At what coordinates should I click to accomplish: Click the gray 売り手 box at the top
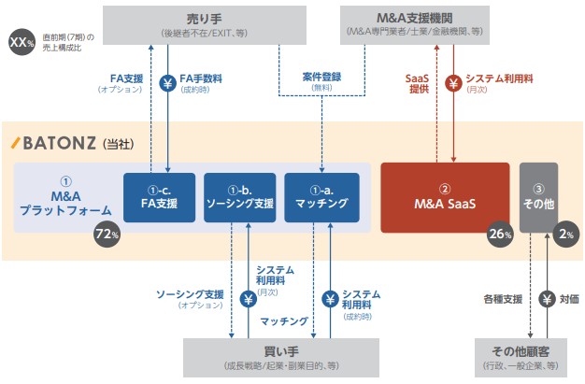pyautogui.click(x=205, y=24)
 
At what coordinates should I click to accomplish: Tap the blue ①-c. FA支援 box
pyautogui.click(x=159, y=197)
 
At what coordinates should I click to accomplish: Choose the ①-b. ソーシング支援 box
pyautogui.click(x=241, y=197)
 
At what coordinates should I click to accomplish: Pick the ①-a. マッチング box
pyautogui.click(x=321, y=197)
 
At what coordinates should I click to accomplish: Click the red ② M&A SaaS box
pyautogui.click(x=444, y=197)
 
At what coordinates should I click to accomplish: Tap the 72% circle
pyautogui.click(x=107, y=235)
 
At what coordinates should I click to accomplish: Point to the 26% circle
pyautogui.click(x=500, y=235)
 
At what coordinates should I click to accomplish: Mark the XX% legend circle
pyautogui.click(x=20, y=42)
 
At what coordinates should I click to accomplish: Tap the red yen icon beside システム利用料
pyautogui.click(x=454, y=83)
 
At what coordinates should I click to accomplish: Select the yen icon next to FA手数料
pyautogui.click(x=168, y=83)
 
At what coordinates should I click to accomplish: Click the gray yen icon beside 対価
pyautogui.click(x=548, y=300)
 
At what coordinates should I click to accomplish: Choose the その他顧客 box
pyautogui.click(x=519, y=358)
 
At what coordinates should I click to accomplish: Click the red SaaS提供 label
pyautogui.click(x=418, y=83)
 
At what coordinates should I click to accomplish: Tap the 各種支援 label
pyautogui.click(x=501, y=300)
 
